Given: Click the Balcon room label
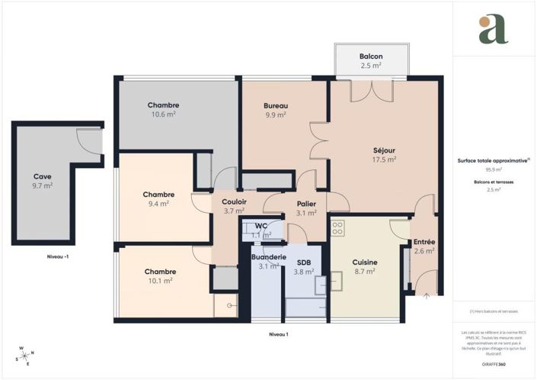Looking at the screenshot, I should pos(371,57).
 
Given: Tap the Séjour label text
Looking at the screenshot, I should pos(384,150).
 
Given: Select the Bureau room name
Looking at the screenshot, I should pos(275,105).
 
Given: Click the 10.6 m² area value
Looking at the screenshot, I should pos(163,114).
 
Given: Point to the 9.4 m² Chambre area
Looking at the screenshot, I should pos(158,204).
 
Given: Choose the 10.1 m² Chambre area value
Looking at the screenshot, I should pos(160,281).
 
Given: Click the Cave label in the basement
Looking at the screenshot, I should pos(43,176).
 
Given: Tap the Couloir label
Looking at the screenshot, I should pos(234,202).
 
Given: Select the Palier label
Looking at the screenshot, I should pos(306,204).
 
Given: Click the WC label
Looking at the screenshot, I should pos(261,226).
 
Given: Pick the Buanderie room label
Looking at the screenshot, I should pos(267,257).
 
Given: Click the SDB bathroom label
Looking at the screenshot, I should pos(304,262).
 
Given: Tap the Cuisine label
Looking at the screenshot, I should pos(364,262).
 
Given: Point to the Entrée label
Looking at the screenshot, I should pos(424,241).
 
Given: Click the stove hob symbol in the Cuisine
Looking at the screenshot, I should pos(337,227).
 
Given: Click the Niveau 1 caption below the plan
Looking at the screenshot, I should pos(279,334).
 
